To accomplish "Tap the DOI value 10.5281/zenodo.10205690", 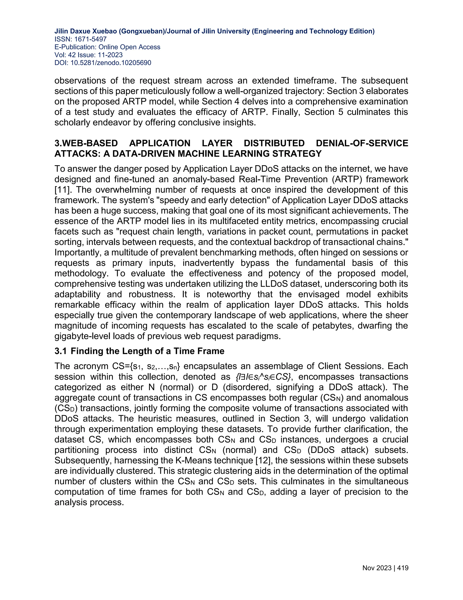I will (x=111, y=63).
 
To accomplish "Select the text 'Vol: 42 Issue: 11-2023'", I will (x=88, y=55).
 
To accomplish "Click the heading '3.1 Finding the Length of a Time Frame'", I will (x=139, y=351).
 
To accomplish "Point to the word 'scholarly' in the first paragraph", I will (x=72, y=122).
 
